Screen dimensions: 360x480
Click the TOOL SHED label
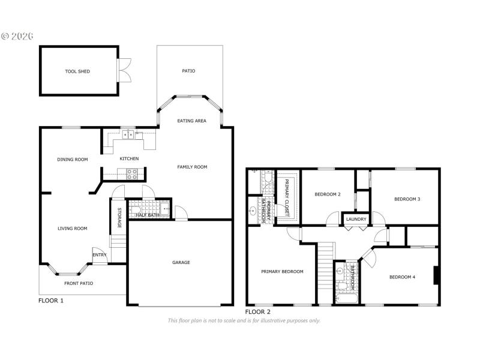pos(77,71)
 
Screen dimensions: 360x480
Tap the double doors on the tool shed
pos(125,71)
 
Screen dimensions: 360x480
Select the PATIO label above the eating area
pos(189,71)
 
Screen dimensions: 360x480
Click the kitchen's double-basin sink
pos(128,135)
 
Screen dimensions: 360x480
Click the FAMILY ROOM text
pos(192,167)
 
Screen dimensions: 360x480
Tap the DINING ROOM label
pos(73,160)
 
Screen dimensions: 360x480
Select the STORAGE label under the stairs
pos(119,217)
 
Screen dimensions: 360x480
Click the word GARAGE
pos(181,262)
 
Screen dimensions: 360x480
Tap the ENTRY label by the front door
pos(99,255)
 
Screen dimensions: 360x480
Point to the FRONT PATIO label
pos(79,283)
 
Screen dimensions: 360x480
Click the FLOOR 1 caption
pos(51,301)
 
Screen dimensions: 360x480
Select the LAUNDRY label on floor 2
pos(356,219)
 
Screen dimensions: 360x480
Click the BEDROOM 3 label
pos(407,199)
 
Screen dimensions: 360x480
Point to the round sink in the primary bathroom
pos(253,211)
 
